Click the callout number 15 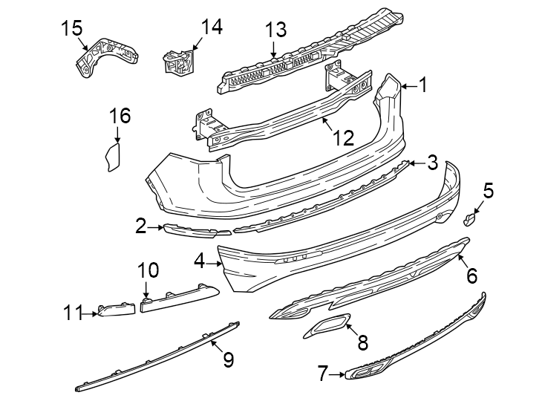click(72, 28)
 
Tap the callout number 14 click(211, 27)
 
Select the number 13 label click(275, 30)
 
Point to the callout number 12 click(342, 137)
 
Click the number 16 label click(120, 116)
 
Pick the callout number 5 click(487, 191)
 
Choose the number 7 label click(322, 374)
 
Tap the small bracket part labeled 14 click(178, 61)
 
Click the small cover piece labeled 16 click(112, 158)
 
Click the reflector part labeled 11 click(117, 308)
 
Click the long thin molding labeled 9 click(156, 355)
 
